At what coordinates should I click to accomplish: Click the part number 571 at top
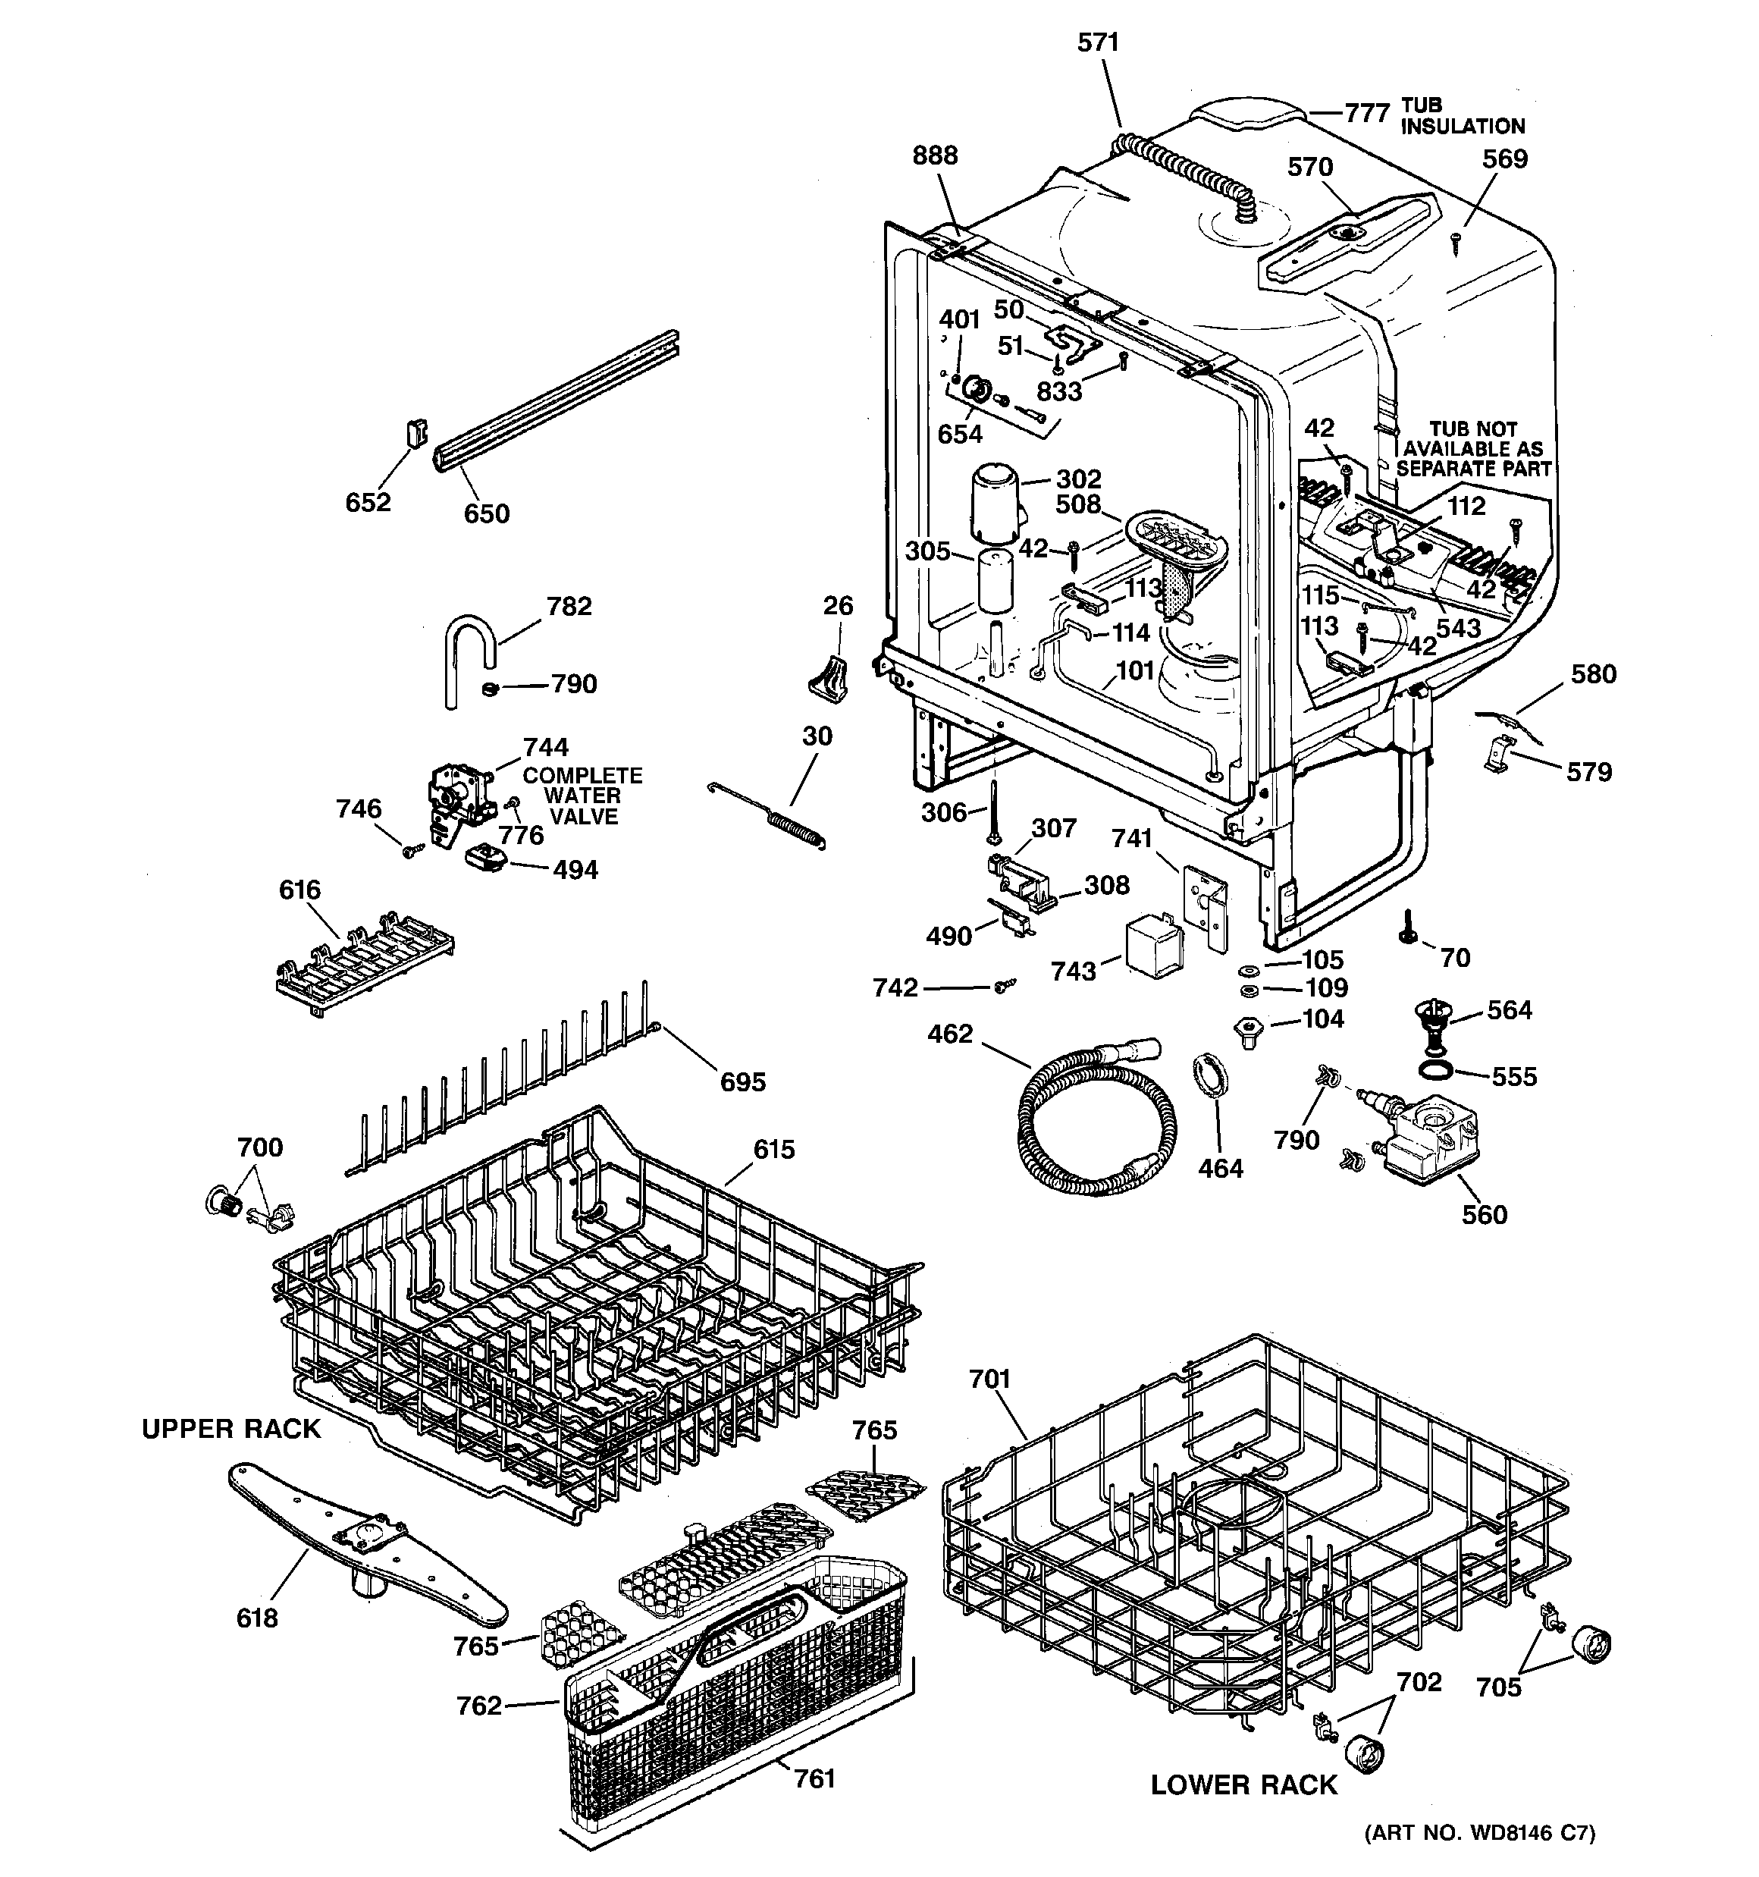point(1098,42)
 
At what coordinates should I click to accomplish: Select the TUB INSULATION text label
point(1462,116)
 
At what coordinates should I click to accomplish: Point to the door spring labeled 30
point(770,814)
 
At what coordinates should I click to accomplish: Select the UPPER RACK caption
point(231,1430)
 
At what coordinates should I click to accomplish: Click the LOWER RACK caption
point(1243,1784)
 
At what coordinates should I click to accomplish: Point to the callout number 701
point(989,1380)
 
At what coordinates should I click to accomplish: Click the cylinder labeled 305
point(994,581)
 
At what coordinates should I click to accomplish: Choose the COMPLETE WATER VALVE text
point(582,796)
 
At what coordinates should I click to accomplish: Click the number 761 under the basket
point(814,1779)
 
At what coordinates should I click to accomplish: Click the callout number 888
point(935,155)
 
